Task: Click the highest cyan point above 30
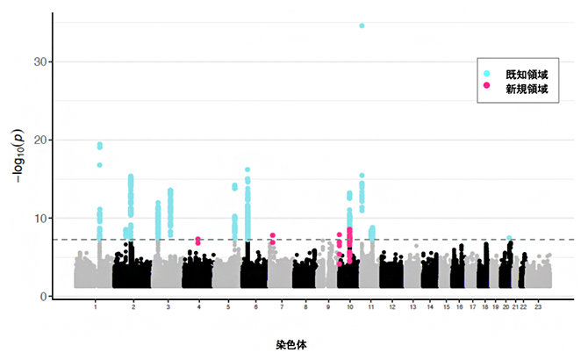coord(362,25)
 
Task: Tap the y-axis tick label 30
coord(41,62)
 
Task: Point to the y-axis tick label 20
coord(41,140)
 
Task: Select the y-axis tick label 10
coord(41,219)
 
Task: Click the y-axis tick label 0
coord(44,297)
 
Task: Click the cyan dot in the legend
coord(488,74)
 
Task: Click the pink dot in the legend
coord(488,89)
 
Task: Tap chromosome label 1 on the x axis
coord(94,310)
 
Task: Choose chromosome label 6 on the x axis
coord(255,310)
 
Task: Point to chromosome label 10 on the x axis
coord(350,310)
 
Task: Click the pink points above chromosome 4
coord(198,240)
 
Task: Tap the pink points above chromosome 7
coord(273,237)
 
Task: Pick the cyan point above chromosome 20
coord(509,238)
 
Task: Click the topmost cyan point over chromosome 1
coord(100,145)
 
